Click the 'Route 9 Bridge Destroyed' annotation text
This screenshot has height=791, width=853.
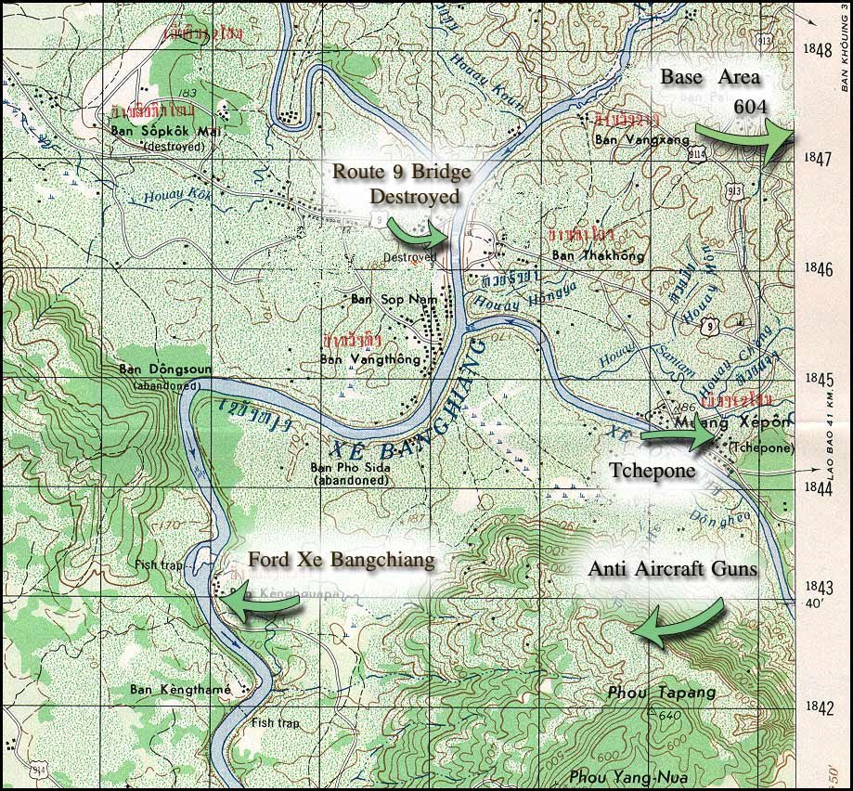[402, 184]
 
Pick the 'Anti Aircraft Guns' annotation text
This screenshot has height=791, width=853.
[672, 569]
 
